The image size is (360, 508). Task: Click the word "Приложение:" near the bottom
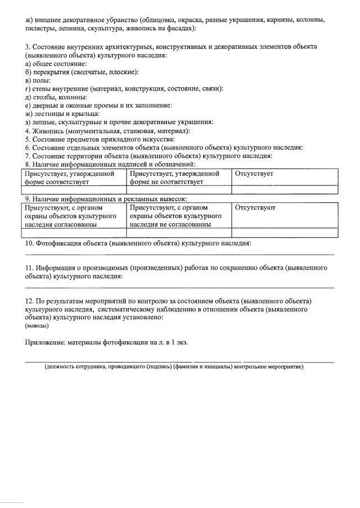pyautogui.click(x=48, y=342)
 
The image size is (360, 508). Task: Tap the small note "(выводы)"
pyautogui.click(x=37, y=326)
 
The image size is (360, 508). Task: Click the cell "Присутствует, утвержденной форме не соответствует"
pyautogui.click(x=179, y=178)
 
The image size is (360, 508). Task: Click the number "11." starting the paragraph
pyautogui.click(x=30, y=269)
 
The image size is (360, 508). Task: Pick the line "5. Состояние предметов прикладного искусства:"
pyautogui.click(x=100, y=139)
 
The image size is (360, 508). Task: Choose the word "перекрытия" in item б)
pyautogui.click(x=51, y=72)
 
